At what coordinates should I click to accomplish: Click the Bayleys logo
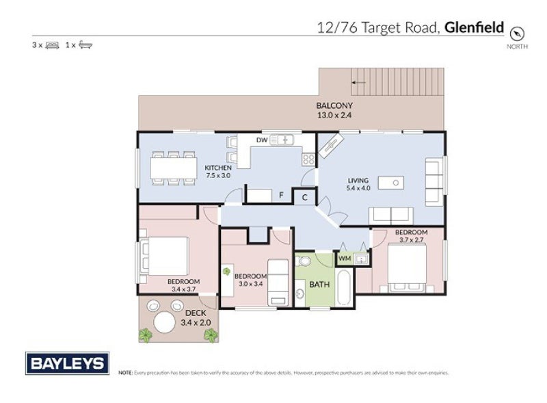(67, 363)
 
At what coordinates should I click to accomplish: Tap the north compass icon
(518, 32)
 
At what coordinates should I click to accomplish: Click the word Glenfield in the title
(474, 28)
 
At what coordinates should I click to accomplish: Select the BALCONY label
(334, 105)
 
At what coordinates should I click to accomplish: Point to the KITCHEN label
(218, 168)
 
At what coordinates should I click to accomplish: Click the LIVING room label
(358, 180)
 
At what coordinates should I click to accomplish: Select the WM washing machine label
(345, 259)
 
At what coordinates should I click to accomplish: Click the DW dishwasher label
(261, 140)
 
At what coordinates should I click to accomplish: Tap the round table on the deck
(165, 322)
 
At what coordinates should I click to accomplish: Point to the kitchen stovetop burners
(308, 159)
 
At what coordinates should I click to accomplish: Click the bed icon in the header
(52, 45)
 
